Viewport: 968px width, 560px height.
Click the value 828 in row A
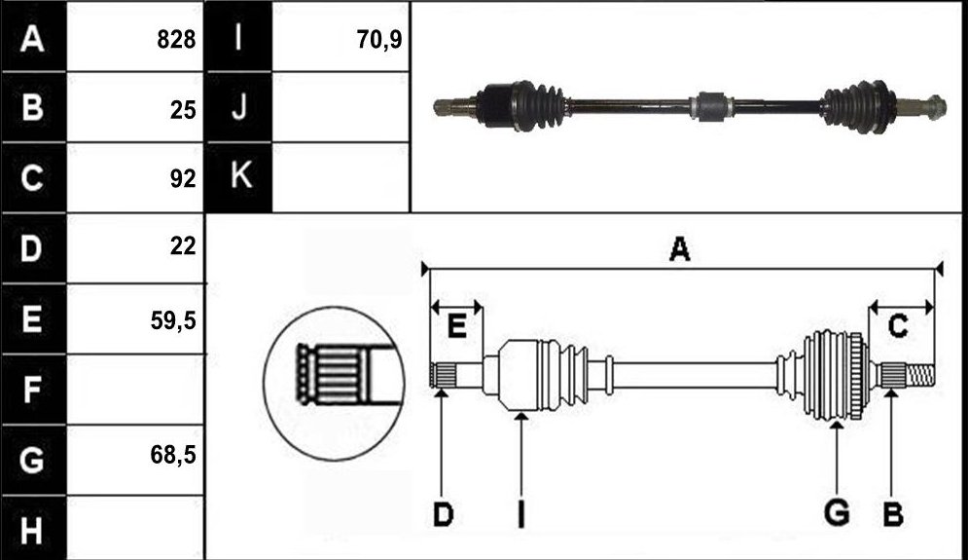pos(176,40)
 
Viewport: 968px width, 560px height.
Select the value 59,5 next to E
pos(173,320)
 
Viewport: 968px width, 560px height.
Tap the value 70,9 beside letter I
pos(379,40)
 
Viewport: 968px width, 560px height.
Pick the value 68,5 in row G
pos(173,455)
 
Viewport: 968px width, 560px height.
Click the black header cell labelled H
pos(33,530)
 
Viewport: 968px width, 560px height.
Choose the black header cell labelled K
pos(239,177)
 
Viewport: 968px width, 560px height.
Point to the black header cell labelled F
pos(33,390)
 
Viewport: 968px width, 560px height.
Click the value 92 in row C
pos(183,178)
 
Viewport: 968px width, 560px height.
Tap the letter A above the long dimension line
pos(680,249)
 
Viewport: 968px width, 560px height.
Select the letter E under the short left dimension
pos(456,325)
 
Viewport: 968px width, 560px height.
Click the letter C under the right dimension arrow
pos(898,325)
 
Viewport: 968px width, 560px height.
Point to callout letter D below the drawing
pos(444,514)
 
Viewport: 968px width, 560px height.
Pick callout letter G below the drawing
pos(837,513)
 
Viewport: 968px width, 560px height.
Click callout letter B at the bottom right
pos(893,514)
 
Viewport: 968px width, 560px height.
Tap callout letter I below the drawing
pos(521,514)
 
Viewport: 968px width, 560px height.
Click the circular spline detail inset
pos(334,383)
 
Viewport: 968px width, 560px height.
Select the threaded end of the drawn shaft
pos(920,375)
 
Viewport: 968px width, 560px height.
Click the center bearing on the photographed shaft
pos(712,107)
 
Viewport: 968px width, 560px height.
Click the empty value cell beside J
pos(341,107)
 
